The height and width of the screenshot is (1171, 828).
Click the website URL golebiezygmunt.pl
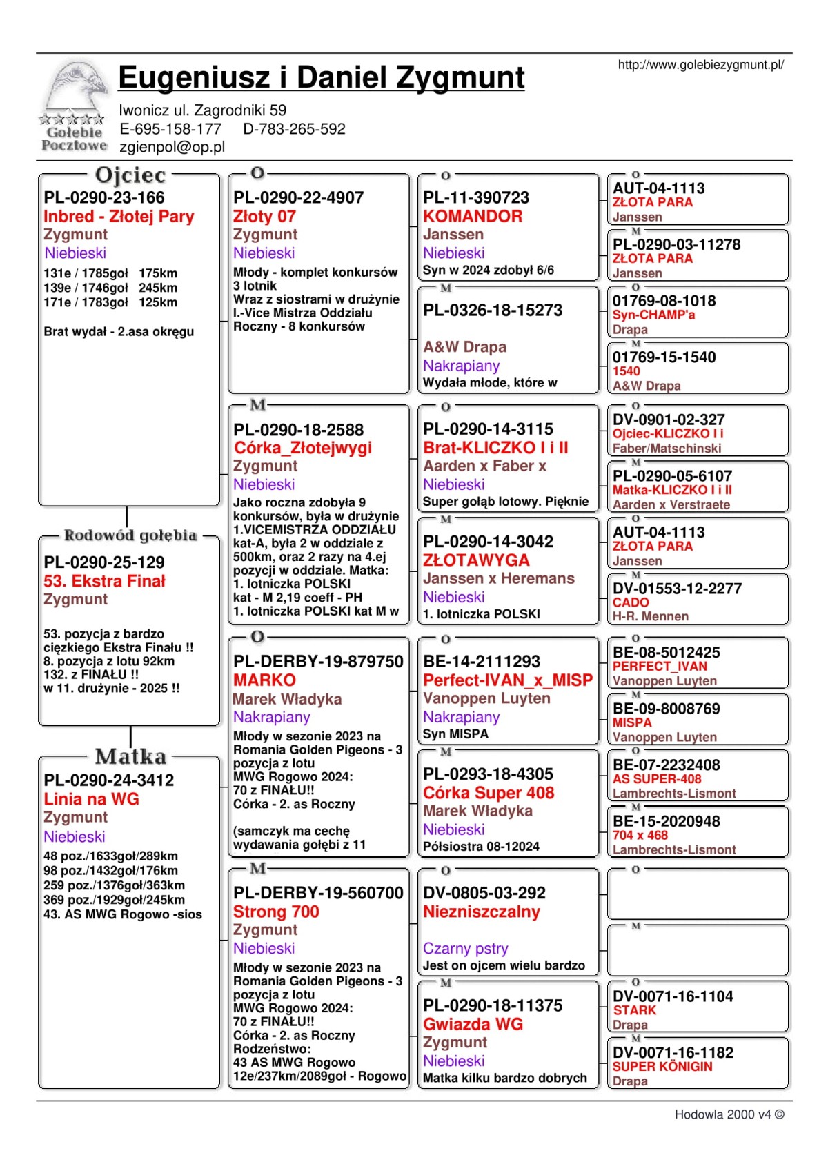(x=700, y=65)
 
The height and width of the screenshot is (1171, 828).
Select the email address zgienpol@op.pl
(x=172, y=147)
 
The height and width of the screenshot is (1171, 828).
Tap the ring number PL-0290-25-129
(x=104, y=562)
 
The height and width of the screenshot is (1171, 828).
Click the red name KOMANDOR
(x=473, y=216)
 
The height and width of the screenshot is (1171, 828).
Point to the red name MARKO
(x=264, y=680)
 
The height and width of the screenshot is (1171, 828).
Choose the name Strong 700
(x=276, y=912)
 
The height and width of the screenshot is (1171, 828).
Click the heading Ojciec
(x=130, y=175)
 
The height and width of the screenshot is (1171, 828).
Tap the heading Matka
(x=130, y=757)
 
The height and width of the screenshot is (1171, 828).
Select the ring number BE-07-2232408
(x=666, y=765)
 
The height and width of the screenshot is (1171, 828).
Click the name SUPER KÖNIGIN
(x=662, y=1066)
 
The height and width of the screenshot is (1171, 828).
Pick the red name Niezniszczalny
(x=482, y=912)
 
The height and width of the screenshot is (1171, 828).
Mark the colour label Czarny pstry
(x=466, y=948)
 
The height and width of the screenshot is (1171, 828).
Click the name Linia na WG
(x=91, y=799)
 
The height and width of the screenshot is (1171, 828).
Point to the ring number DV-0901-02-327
(x=668, y=420)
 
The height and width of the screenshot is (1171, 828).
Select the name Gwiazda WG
(x=473, y=1024)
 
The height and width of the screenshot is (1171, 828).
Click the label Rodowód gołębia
(x=130, y=535)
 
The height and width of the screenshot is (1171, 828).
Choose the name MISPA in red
(x=632, y=722)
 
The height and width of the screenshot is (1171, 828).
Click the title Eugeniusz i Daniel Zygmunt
(x=322, y=77)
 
